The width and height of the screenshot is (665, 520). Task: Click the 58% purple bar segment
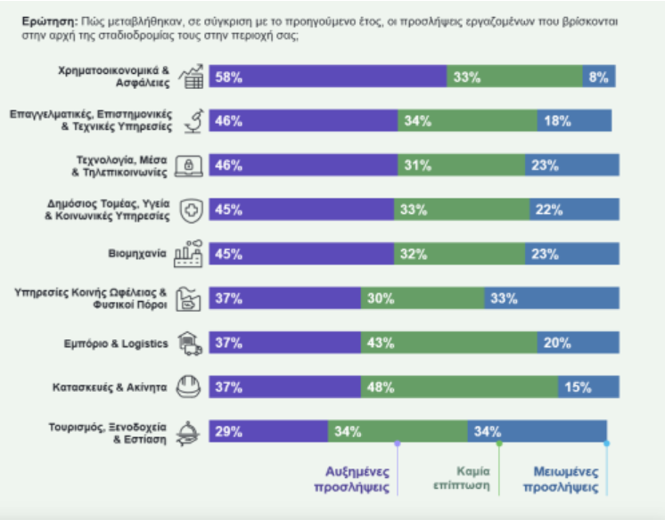pos(328,77)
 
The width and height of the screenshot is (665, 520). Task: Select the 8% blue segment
pos(599,77)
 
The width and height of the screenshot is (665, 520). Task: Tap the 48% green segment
pos(459,386)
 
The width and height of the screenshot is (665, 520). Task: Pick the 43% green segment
pos(449,343)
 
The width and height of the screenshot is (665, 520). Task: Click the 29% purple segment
pos(268,431)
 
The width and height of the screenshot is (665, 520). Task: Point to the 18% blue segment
pos(574,120)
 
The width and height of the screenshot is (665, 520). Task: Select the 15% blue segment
pos(588,386)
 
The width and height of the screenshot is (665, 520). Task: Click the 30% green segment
pos(423,298)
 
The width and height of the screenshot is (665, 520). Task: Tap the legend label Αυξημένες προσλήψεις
pos(351,479)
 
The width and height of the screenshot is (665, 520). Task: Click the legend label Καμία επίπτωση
pos(462,478)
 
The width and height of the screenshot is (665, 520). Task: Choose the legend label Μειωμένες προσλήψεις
pos(561,479)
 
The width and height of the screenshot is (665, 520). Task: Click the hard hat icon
pos(188,386)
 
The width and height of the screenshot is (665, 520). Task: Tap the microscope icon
pos(193,121)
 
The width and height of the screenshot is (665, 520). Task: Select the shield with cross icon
pos(192,210)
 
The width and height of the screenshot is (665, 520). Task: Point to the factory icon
pos(188,254)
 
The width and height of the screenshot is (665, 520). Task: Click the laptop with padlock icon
pos(189,166)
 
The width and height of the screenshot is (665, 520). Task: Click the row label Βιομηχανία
pos(137,254)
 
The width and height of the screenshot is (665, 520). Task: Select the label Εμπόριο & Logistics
pos(116,344)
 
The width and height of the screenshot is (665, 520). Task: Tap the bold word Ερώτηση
pos(50,21)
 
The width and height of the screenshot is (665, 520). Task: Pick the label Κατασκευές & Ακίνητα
pos(110,387)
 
